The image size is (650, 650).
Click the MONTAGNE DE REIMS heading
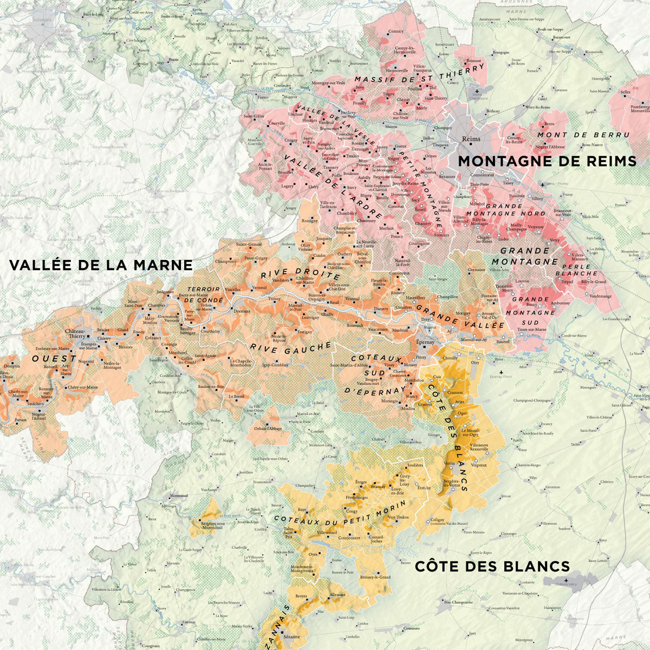tap(547, 161)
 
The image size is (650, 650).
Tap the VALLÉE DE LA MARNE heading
tap(101, 265)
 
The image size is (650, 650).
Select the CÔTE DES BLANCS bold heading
tap(492, 566)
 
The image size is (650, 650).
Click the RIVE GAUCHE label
tap(290, 347)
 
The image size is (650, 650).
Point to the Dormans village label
tap(242, 312)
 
